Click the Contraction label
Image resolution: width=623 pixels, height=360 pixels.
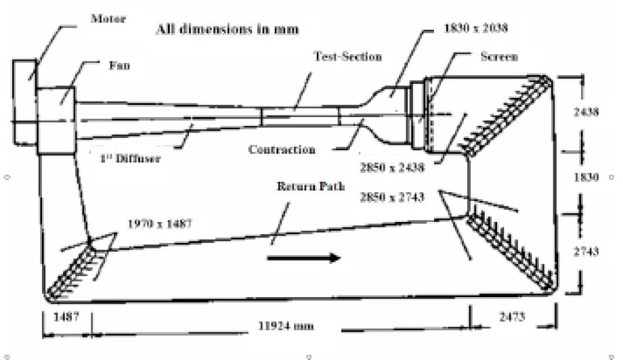pyautogui.click(x=282, y=150)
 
